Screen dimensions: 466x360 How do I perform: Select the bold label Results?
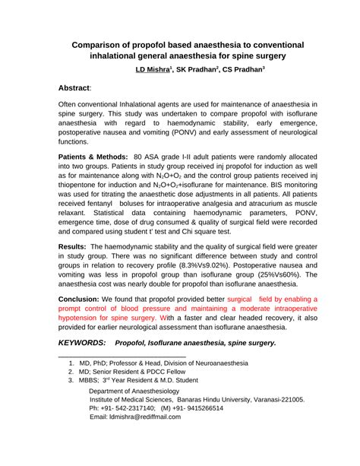pos(73,247)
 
